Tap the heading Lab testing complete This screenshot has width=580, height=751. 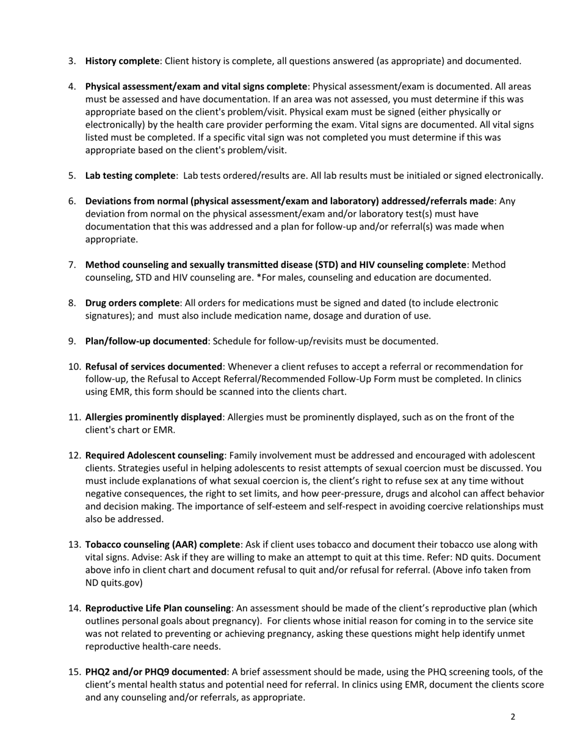coord(130,176)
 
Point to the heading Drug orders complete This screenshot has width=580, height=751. coord(132,303)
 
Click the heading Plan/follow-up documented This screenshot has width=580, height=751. coord(146,341)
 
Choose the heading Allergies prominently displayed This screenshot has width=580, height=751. coord(153,417)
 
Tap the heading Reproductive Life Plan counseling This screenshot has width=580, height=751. coord(158,608)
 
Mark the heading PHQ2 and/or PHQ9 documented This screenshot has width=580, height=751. coord(156,672)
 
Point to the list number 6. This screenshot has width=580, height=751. coord(72,201)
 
